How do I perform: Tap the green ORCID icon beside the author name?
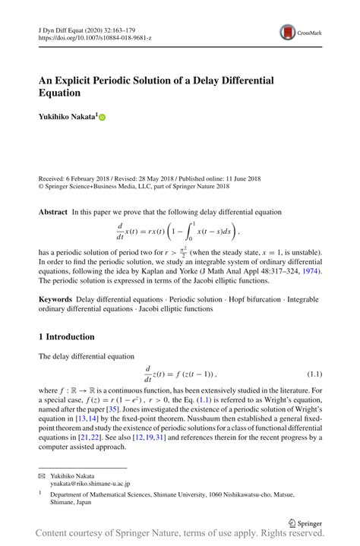103,118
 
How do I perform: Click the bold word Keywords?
56,301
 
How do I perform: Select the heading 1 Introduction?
67,336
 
